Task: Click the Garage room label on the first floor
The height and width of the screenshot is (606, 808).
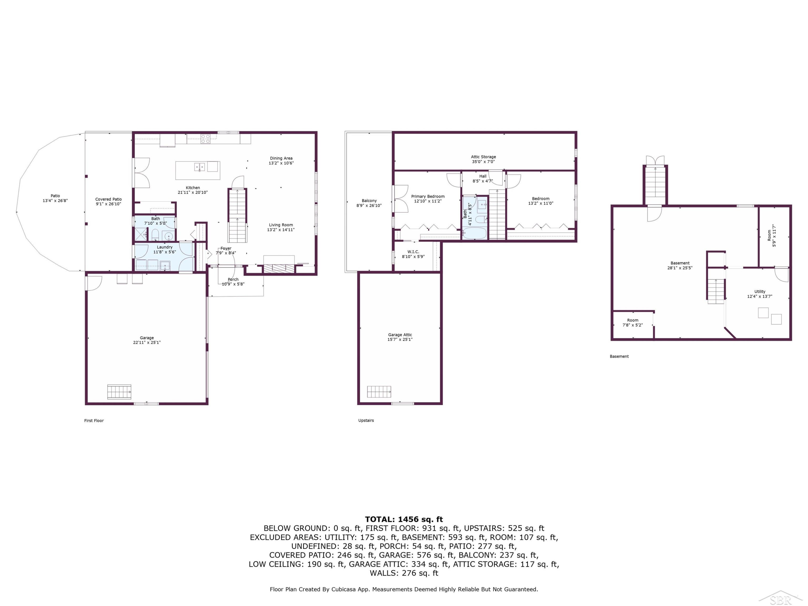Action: click(x=147, y=340)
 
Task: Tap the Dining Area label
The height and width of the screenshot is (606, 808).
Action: click(x=281, y=161)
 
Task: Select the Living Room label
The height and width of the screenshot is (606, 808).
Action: click(x=281, y=227)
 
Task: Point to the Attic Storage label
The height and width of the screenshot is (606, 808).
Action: click(x=483, y=159)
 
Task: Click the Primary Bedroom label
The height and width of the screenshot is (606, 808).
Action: click(x=428, y=199)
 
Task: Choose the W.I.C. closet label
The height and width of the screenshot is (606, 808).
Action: click(x=413, y=254)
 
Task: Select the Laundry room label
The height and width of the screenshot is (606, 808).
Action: click(x=165, y=249)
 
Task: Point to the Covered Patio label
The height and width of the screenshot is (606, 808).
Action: click(x=109, y=202)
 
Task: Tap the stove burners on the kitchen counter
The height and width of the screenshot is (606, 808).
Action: click(x=205, y=138)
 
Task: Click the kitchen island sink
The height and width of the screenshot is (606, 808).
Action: click(x=200, y=167)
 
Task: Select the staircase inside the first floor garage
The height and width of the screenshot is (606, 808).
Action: click(x=119, y=392)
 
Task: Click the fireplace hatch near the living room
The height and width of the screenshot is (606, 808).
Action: click(x=279, y=269)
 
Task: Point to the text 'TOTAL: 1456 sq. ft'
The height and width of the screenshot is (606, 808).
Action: click(x=404, y=519)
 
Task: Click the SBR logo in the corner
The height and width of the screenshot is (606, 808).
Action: click(x=780, y=598)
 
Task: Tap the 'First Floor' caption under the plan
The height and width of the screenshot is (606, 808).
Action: click(x=94, y=420)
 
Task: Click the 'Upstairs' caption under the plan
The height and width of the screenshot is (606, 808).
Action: click(x=366, y=420)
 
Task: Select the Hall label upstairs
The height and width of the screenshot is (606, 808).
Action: click(x=483, y=179)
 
